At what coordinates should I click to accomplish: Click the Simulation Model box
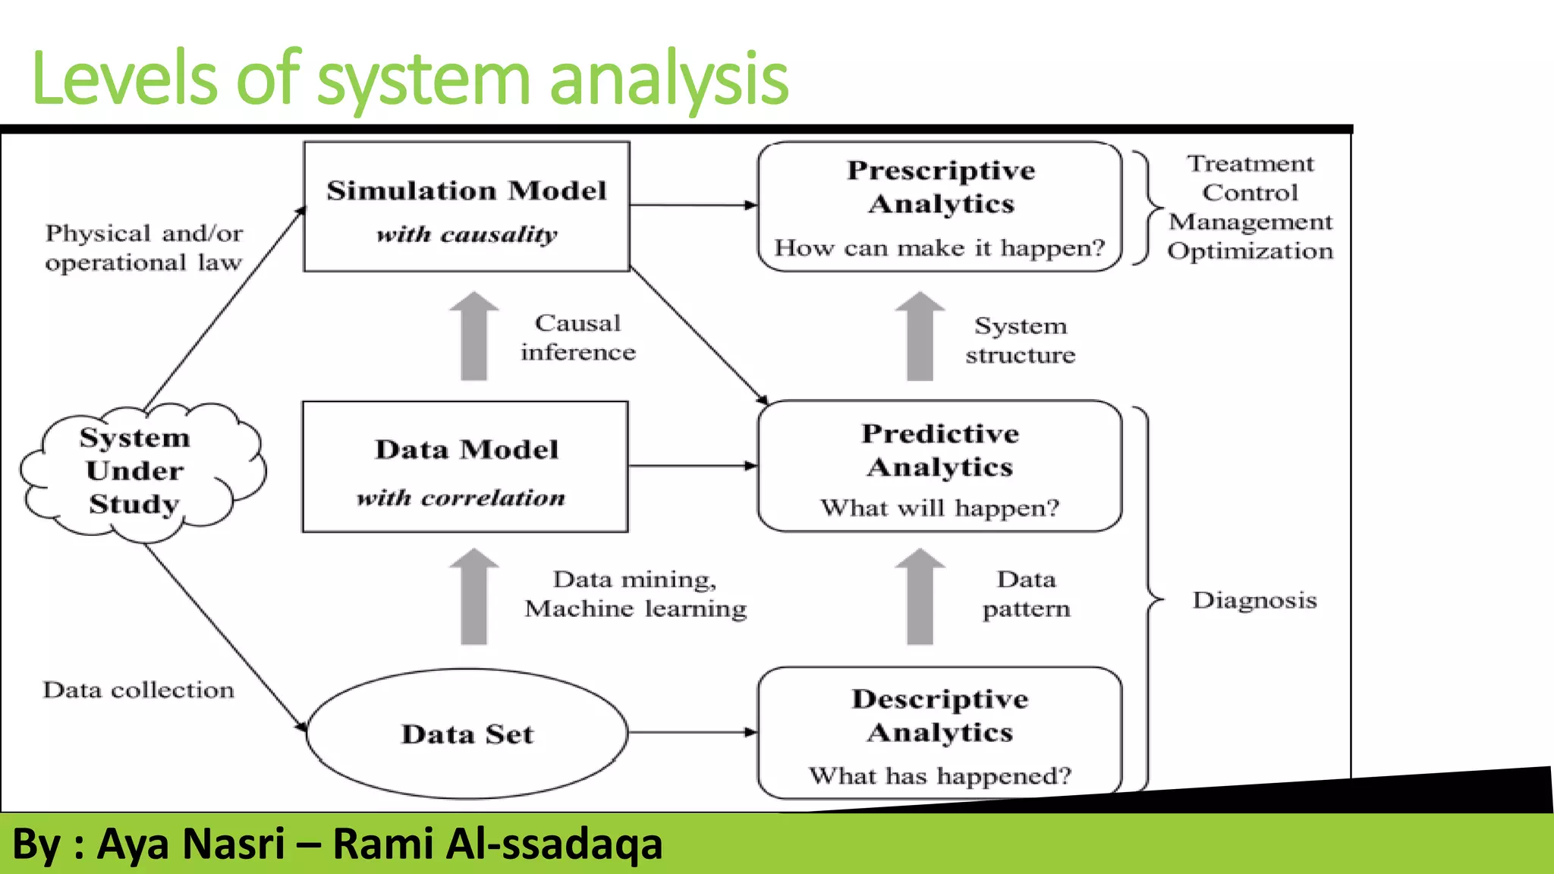(466, 206)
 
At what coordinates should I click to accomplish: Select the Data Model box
(465, 467)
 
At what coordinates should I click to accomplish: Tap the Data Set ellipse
(467, 733)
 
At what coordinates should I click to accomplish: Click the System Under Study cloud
(137, 471)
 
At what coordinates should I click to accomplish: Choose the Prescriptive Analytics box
(939, 206)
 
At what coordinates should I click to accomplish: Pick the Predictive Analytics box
(939, 466)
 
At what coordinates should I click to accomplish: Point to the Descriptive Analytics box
(939, 733)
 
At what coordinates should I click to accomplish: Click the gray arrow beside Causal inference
(474, 337)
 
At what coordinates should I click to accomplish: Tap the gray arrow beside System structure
(920, 337)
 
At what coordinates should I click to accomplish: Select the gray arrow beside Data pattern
(920, 597)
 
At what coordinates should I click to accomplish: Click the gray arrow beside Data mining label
(474, 597)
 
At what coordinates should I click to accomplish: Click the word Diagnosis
(1254, 600)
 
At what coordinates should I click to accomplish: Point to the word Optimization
(1250, 250)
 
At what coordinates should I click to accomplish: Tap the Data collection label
(138, 690)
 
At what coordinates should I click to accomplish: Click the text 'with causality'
(467, 234)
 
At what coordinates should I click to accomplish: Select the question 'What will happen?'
(939, 508)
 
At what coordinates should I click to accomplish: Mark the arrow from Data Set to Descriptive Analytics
(692, 732)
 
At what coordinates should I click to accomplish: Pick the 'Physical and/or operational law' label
(144, 247)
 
